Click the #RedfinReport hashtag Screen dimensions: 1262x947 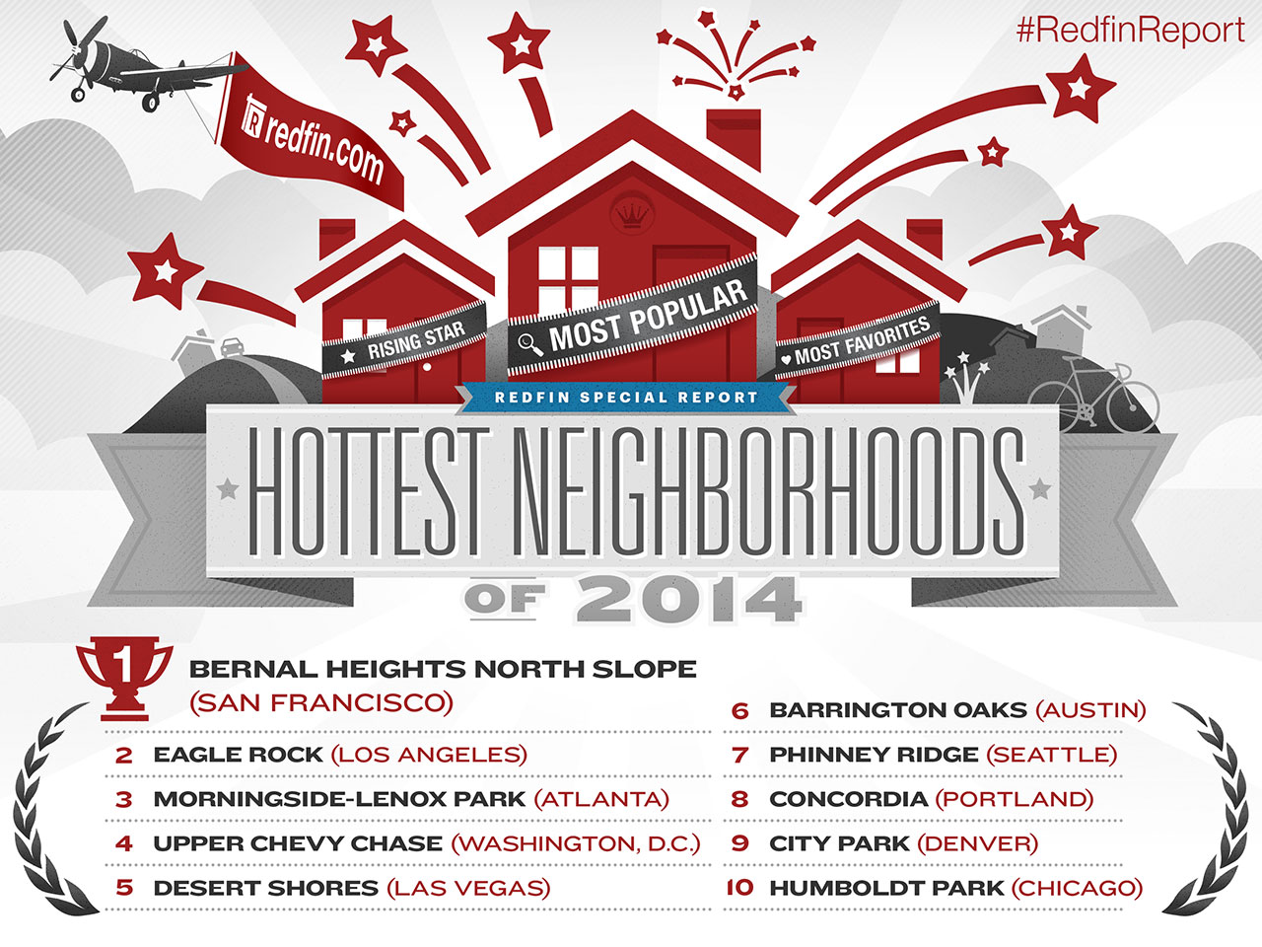1130,31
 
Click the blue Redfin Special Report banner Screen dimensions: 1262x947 626,398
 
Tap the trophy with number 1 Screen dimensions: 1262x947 124,678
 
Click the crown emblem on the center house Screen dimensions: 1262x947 632,214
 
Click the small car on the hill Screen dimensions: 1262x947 232,346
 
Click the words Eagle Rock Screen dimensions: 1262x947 238,755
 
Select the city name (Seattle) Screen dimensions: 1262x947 1052,755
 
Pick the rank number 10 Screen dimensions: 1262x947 739,888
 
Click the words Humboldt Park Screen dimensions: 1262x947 886,888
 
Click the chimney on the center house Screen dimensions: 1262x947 734,138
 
